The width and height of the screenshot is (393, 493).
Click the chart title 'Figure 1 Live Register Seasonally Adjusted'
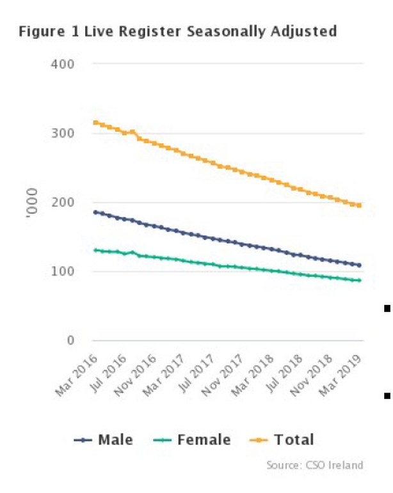tap(178, 31)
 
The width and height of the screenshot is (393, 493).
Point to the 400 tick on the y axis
tap(66, 65)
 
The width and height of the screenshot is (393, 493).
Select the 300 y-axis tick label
tap(66, 134)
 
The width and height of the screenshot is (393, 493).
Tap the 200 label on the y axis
tap(66, 203)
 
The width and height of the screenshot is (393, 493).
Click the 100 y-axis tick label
tap(66, 272)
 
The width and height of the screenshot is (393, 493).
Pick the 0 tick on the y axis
tap(72, 341)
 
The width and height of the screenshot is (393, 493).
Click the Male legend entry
tap(106, 440)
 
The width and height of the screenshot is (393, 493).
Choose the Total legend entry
tap(285, 440)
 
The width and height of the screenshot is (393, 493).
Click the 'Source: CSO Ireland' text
tap(314, 465)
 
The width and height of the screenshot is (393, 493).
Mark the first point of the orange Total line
tap(95, 123)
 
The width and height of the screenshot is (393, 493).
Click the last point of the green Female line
tap(359, 281)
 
